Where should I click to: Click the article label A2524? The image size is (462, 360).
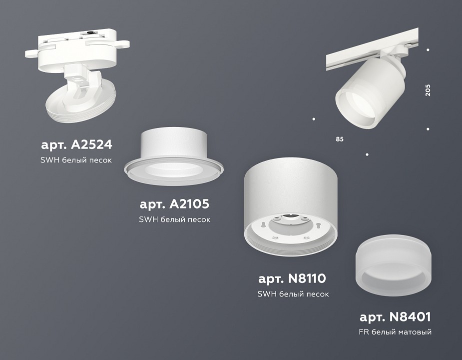(76, 145)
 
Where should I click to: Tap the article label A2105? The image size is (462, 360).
(175, 204)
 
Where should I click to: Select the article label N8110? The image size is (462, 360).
(293, 278)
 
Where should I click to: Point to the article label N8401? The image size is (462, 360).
(395, 316)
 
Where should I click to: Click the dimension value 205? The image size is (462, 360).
(428, 89)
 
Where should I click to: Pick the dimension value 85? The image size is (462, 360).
(340, 139)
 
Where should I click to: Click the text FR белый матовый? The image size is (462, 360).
(395, 332)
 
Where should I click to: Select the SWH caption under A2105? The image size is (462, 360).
(175, 219)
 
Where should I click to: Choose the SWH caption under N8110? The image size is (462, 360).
(293, 294)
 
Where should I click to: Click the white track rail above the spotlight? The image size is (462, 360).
(360, 57)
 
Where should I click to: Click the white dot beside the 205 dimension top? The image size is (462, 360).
(428, 49)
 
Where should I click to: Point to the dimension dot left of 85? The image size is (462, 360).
(314, 119)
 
